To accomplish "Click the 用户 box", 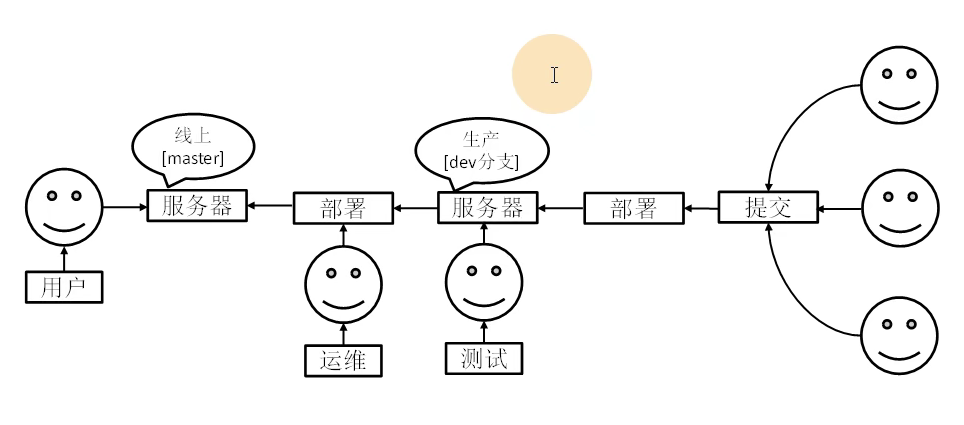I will point(64,288).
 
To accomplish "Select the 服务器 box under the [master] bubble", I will point(197,206).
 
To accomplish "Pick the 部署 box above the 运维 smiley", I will point(342,208).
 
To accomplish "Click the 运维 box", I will point(343,360).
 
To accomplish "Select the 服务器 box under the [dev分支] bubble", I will point(487,208).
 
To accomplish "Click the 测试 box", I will point(485,358).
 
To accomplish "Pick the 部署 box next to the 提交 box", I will point(632,208).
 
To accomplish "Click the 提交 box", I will point(768,207).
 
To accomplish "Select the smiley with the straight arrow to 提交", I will point(900,208).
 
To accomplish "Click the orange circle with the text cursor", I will point(552,74).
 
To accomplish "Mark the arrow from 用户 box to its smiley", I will point(64,259).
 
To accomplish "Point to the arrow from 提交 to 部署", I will point(700,208).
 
